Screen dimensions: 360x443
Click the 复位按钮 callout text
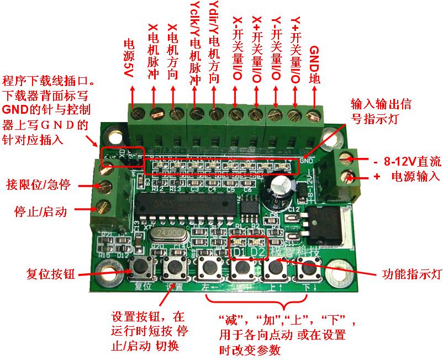click(x=51, y=273)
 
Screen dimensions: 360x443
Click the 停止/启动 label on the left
click(x=40, y=211)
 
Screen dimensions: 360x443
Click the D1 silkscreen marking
click(x=240, y=252)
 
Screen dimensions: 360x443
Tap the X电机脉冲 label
click(x=154, y=52)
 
